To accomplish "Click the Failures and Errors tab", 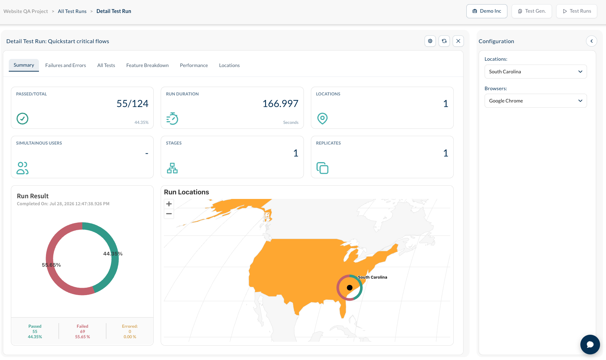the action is click(x=66, y=65).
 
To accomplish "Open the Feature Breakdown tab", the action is click(x=147, y=65).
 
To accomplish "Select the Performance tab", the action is click(x=194, y=65).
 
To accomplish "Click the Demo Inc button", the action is click(x=487, y=11).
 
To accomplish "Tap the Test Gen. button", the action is click(x=532, y=11).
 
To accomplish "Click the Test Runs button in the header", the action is click(x=577, y=11).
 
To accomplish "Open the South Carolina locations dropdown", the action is click(x=535, y=72).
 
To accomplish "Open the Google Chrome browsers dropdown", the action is click(x=535, y=101).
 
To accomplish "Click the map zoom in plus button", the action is click(x=169, y=204).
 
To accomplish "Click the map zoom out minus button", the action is click(x=169, y=214).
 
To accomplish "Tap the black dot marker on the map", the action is click(x=349, y=288).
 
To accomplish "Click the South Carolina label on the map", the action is click(x=372, y=277).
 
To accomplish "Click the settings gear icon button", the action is click(x=430, y=41).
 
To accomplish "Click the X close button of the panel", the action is click(x=458, y=41).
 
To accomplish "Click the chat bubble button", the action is click(x=590, y=345).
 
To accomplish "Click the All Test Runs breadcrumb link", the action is click(x=72, y=11).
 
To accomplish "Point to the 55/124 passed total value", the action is click(x=132, y=104).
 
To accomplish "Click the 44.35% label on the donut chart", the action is click(x=113, y=254).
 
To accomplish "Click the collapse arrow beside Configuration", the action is click(x=592, y=41).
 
